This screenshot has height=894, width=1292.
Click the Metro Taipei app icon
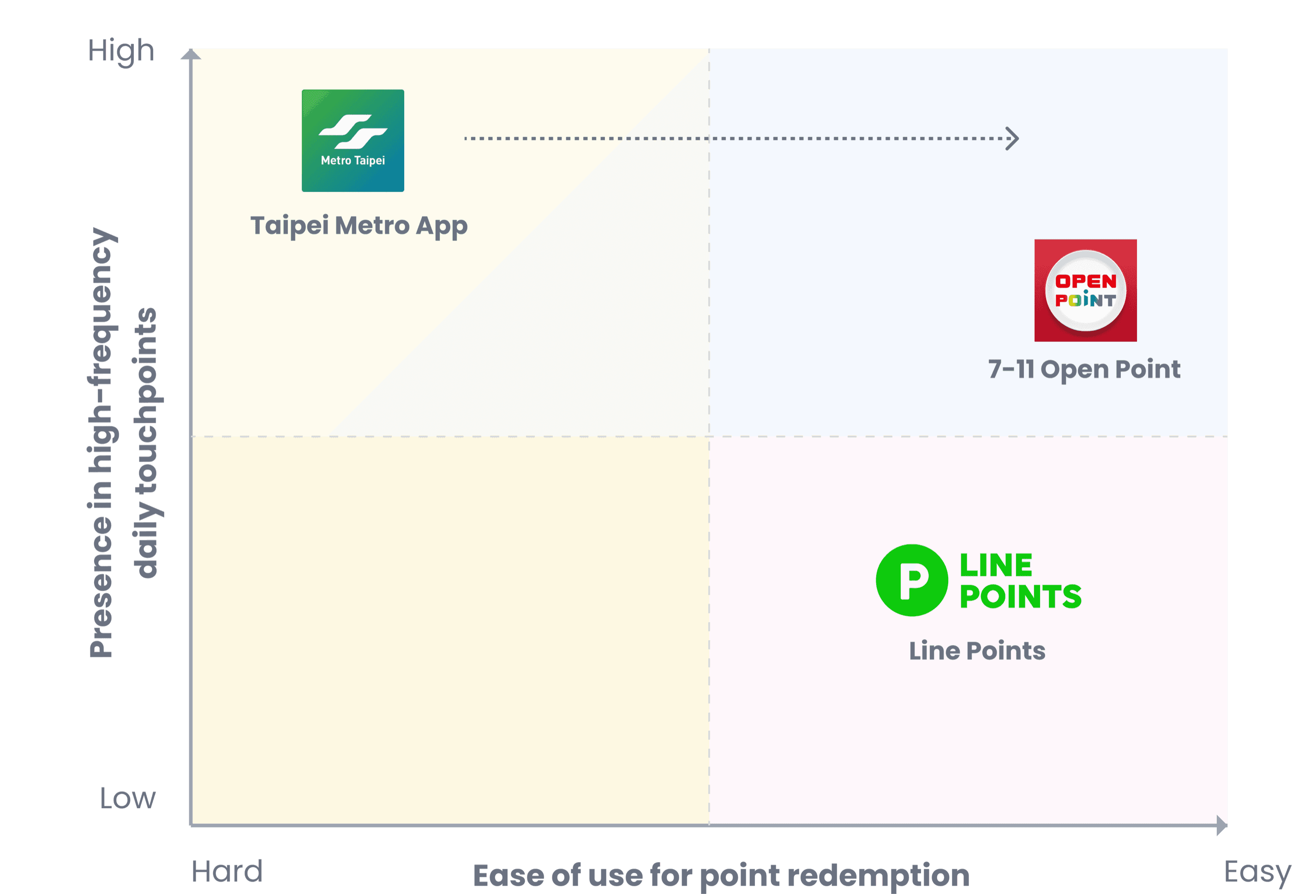tap(353, 141)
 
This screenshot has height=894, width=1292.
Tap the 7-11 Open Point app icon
tap(1085, 290)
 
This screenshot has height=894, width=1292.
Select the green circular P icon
tap(912, 580)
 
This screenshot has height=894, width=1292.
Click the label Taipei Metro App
tap(359, 226)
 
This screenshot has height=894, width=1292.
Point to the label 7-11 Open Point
tap(1084, 370)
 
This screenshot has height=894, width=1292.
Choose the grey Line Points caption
tap(977, 651)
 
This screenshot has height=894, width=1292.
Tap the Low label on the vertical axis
tap(128, 798)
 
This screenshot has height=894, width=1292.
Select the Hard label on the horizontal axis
tap(227, 871)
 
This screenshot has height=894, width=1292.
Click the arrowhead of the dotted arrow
tap(1012, 138)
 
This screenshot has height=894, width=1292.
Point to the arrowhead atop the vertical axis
tap(191, 54)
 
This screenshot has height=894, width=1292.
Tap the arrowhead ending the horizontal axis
tap(1222, 825)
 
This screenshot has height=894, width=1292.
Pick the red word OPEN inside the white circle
tap(1086, 281)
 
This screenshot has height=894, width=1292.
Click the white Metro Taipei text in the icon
tap(353, 161)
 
